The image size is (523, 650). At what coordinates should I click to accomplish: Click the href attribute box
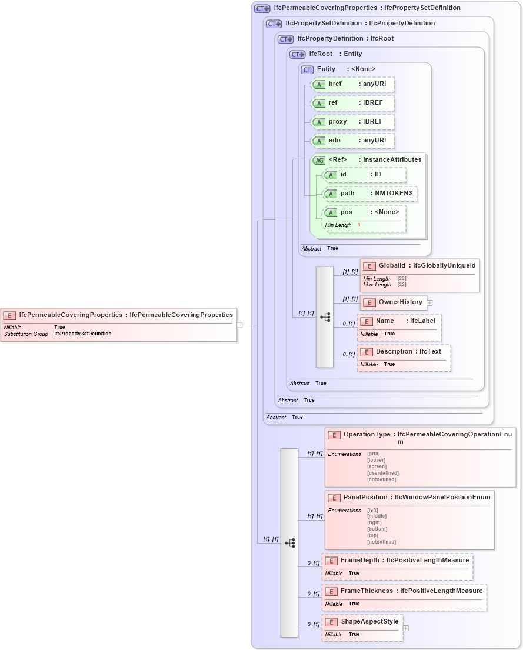click(x=352, y=84)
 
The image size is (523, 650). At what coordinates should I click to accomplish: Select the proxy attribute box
click(x=352, y=122)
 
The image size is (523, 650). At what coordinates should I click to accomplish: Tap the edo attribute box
click(x=352, y=141)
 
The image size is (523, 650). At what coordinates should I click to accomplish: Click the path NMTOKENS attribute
click(x=370, y=194)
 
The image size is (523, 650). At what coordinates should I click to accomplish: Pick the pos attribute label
click(x=347, y=212)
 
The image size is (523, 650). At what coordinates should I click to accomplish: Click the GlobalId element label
click(x=392, y=266)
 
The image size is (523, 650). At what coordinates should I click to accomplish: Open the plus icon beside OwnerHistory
click(x=429, y=302)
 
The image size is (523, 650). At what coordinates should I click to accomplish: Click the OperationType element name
click(x=367, y=435)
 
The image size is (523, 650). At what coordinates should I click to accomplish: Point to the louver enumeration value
click(x=376, y=460)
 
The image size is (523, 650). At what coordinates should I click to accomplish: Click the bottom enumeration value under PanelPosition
click(x=377, y=529)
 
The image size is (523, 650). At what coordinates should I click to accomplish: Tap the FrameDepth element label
click(x=359, y=561)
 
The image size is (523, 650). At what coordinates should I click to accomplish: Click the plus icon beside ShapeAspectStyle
click(x=405, y=628)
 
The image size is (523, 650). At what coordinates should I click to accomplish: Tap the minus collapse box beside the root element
click(x=239, y=324)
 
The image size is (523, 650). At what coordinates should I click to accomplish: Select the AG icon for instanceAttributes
click(x=319, y=160)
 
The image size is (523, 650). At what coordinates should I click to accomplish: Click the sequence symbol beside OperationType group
click(x=289, y=543)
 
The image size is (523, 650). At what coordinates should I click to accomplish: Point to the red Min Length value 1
click(x=359, y=225)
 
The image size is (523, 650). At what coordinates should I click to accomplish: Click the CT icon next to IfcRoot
click(x=298, y=54)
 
